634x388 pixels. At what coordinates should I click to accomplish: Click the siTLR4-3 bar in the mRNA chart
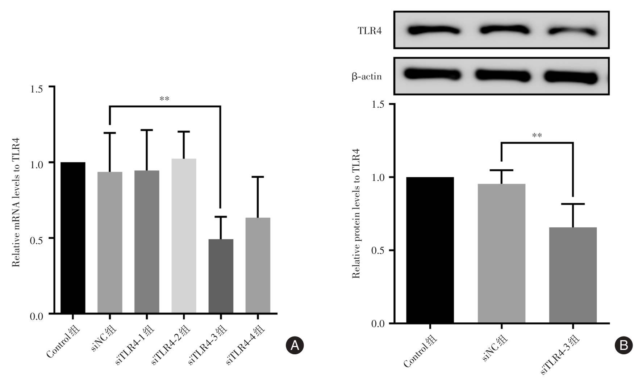click(221, 276)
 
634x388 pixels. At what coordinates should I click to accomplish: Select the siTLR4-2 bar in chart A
click(184, 236)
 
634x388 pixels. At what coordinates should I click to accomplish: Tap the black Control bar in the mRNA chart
click(73, 238)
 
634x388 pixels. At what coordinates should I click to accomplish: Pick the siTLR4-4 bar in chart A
click(258, 265)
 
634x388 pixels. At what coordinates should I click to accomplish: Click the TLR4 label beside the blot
click(370, 31)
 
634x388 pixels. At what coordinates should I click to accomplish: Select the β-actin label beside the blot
click(366, 77)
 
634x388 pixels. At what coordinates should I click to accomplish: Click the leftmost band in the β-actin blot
click(433, 74)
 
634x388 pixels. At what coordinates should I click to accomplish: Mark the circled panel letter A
click(295, 345)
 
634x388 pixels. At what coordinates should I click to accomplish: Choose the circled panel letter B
click(624, 345)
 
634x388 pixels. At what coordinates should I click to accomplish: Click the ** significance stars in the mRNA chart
click(164, 99)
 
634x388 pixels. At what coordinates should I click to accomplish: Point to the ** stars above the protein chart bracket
click(537, 136)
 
